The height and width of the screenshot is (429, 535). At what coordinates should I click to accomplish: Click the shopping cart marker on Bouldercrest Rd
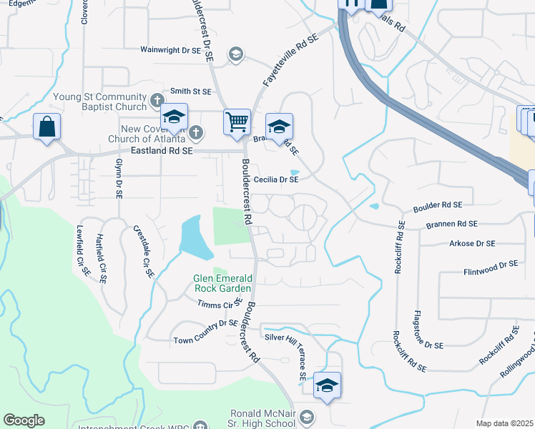[x=237, y=121]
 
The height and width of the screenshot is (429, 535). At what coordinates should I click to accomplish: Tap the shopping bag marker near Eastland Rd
[x=46, y=127]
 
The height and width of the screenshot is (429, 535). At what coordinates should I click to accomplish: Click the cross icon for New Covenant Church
[x=197, y=132]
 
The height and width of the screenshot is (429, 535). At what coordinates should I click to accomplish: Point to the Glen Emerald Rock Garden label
[x=224, y=284]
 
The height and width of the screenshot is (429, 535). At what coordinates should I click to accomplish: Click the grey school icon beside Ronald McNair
[x=307, y=417]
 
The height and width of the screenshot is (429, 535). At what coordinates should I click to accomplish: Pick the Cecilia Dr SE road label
[x=276, y=180]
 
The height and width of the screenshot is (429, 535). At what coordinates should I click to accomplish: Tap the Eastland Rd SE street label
[x=162, y=152]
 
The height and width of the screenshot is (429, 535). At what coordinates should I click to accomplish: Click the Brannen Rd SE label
[x=451, y=224]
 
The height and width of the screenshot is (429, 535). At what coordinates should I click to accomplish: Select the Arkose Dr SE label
[x=472, y=243]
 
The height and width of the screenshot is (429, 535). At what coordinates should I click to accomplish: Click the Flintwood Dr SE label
[x=490, y=265]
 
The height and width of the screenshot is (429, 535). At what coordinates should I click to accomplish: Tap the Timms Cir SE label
[x=220, y=304]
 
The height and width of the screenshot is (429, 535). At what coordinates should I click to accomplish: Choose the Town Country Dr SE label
[x=205, y=322]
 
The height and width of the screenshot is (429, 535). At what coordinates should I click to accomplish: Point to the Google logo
[x=24, y=420]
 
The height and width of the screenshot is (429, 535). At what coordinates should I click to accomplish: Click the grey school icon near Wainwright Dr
[x=235, y=54]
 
